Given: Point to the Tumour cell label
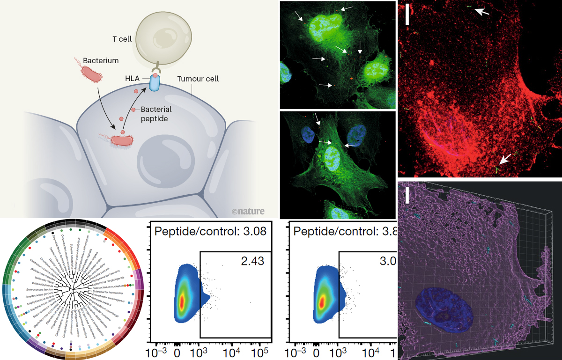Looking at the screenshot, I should pos(198,79).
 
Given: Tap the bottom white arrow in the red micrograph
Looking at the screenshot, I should pos(503,159).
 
